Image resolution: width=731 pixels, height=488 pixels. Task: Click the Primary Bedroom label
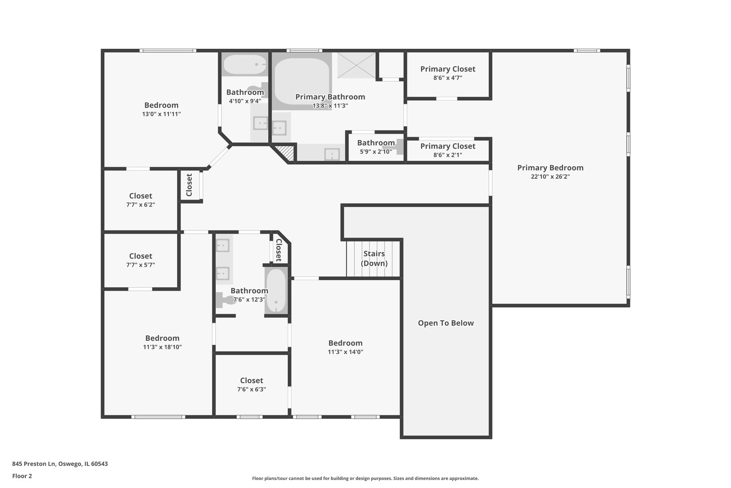point(550,168)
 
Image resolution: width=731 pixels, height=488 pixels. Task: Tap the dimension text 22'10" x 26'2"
point(550,177)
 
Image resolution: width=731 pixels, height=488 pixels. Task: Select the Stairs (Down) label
point(374,258)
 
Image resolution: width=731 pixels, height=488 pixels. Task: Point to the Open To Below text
point(445,323)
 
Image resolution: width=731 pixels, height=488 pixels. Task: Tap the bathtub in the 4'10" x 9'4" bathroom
point(245,65)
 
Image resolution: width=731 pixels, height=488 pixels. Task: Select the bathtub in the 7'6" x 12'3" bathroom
point(276,291)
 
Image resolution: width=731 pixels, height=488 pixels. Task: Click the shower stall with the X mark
point(356,65)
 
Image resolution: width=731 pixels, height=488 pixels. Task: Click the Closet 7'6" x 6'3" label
point(251,380)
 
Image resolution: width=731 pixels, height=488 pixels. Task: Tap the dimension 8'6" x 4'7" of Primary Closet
point(447,78)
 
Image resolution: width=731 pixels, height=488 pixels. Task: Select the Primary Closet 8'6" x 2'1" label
point(447,146)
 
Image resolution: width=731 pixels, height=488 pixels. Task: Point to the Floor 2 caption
point(22,476)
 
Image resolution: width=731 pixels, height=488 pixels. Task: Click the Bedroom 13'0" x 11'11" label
point(161,105)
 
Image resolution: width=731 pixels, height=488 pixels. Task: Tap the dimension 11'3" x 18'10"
point(162,347)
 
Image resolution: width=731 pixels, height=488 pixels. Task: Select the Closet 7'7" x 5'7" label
point(140,256)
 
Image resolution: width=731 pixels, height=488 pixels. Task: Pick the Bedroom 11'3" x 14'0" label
point(345,343)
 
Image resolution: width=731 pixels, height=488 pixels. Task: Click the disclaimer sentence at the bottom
point(365,478)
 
